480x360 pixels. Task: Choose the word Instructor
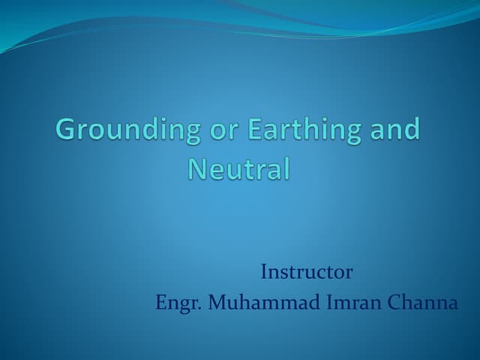tap(306, 271)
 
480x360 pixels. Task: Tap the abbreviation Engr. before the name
tap(178, 304)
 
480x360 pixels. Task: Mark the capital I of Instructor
tap(264, 271)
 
